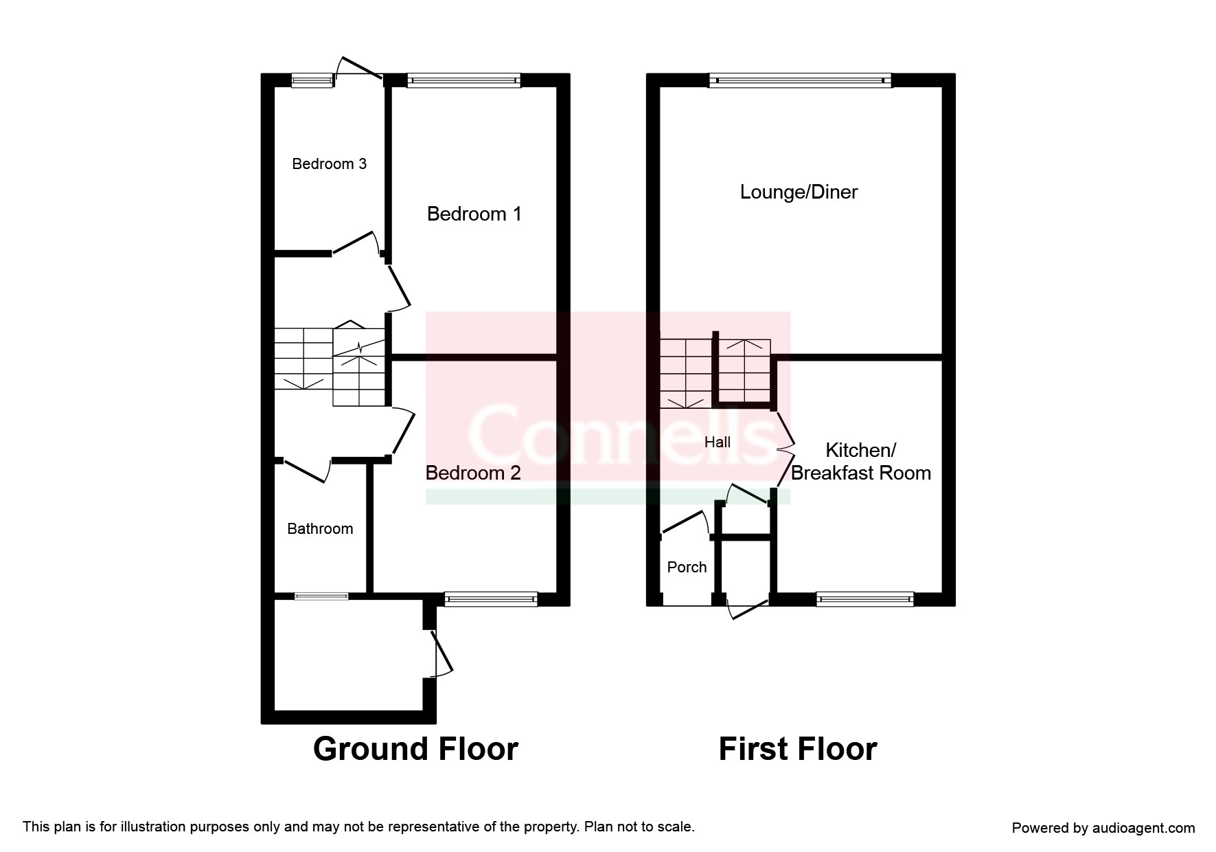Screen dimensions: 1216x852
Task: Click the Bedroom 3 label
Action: click(x=329, y=164)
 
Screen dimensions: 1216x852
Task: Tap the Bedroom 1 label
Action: click(x=474, y=214)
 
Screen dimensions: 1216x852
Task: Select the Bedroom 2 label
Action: click(x=473, y=473)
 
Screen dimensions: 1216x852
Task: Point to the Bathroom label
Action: click(x=320, y=529)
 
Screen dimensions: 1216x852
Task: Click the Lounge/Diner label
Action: click(x=799, y=192)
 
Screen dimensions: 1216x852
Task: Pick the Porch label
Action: click(x=687, y=568)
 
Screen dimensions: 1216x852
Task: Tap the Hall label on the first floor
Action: click(x=718, y=442)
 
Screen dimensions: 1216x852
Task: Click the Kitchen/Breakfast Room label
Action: click(x=861, y=462)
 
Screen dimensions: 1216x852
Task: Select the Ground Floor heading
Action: click(x=415, y=749)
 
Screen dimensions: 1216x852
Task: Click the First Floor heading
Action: click(x=798, y=749)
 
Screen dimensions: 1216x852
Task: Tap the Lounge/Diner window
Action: click(x=800, y=80)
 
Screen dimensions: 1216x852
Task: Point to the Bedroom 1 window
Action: click(x=463, y=80)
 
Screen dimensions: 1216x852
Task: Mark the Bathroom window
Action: click(x=321, y=596)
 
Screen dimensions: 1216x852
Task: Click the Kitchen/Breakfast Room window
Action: click(x=865, y=600)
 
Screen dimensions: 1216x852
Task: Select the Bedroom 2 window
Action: click(x=491, y=600)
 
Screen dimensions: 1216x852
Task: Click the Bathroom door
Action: click(x=306, y=471)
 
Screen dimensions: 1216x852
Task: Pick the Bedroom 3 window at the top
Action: click(x=312, y=80)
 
